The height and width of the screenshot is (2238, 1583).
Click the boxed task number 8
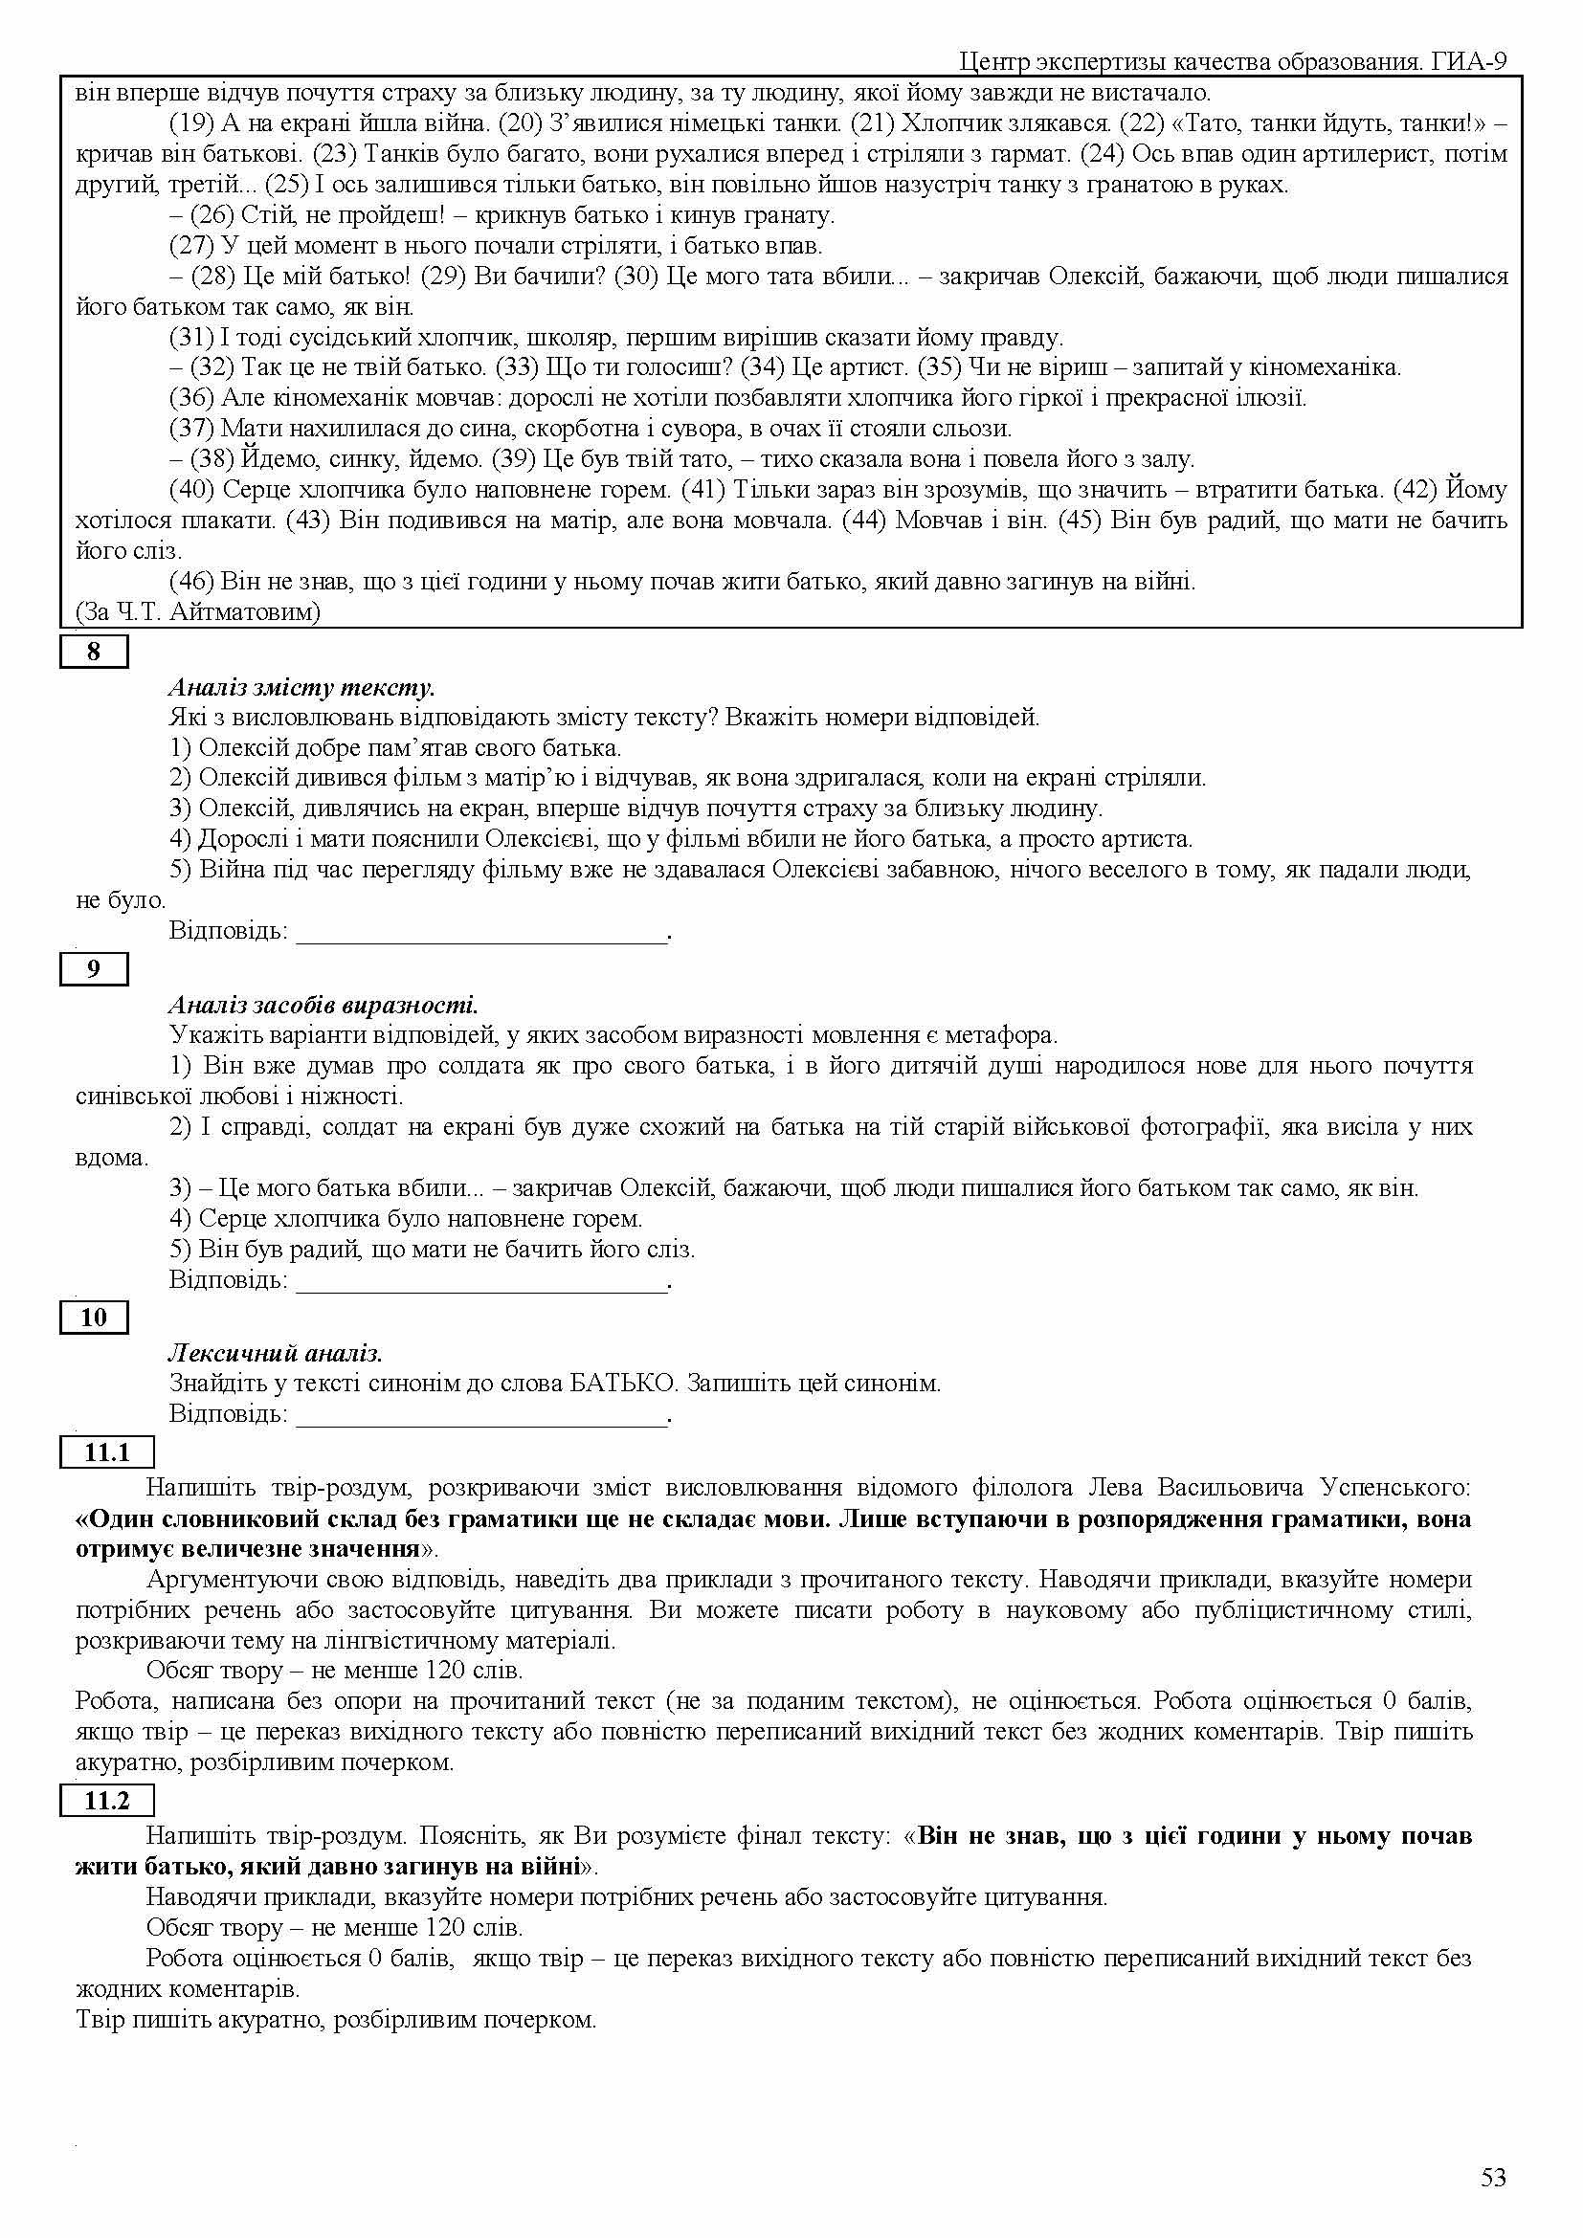pos(94,652)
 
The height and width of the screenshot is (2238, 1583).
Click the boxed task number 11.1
pos(107,1452)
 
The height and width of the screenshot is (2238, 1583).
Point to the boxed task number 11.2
pos(107,1801)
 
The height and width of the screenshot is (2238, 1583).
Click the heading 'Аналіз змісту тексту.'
pos(301,687)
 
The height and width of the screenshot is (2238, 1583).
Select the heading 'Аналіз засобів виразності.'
pos(323,1004)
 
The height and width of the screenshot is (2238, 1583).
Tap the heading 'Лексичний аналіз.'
pos(276,1353)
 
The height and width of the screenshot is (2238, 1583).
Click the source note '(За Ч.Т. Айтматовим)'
pos(198,612)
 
